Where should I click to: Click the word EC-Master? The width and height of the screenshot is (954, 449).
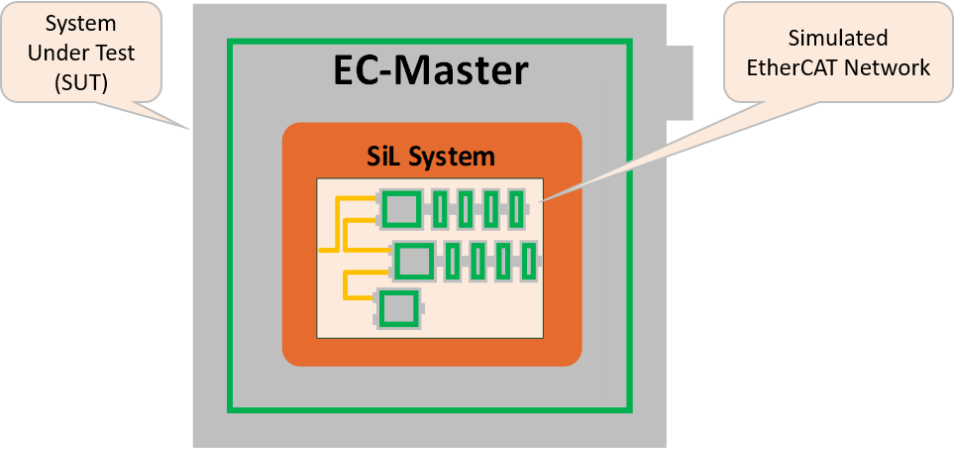coord(430,71)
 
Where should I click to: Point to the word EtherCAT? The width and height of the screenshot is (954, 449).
coord(802,67)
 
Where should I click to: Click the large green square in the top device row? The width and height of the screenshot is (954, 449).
coord(401,209)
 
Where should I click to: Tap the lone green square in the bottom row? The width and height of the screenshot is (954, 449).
coord(399,307)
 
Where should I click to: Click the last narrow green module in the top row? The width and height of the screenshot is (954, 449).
coord(515,209)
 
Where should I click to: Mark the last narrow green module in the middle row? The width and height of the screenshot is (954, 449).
coord(529,261)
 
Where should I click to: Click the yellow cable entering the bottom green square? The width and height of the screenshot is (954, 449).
coord(357,296)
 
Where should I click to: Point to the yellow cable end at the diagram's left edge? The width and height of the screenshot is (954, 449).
coord(322,248)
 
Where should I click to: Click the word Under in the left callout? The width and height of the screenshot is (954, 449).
coord(52,53)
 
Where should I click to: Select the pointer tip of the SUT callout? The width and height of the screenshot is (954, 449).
coord(191,129)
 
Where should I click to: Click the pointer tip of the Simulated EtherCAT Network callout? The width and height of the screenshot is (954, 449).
coord(541,198)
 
